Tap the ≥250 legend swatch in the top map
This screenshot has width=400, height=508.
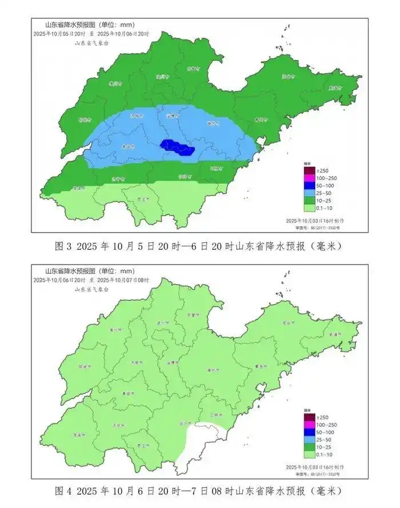309,170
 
